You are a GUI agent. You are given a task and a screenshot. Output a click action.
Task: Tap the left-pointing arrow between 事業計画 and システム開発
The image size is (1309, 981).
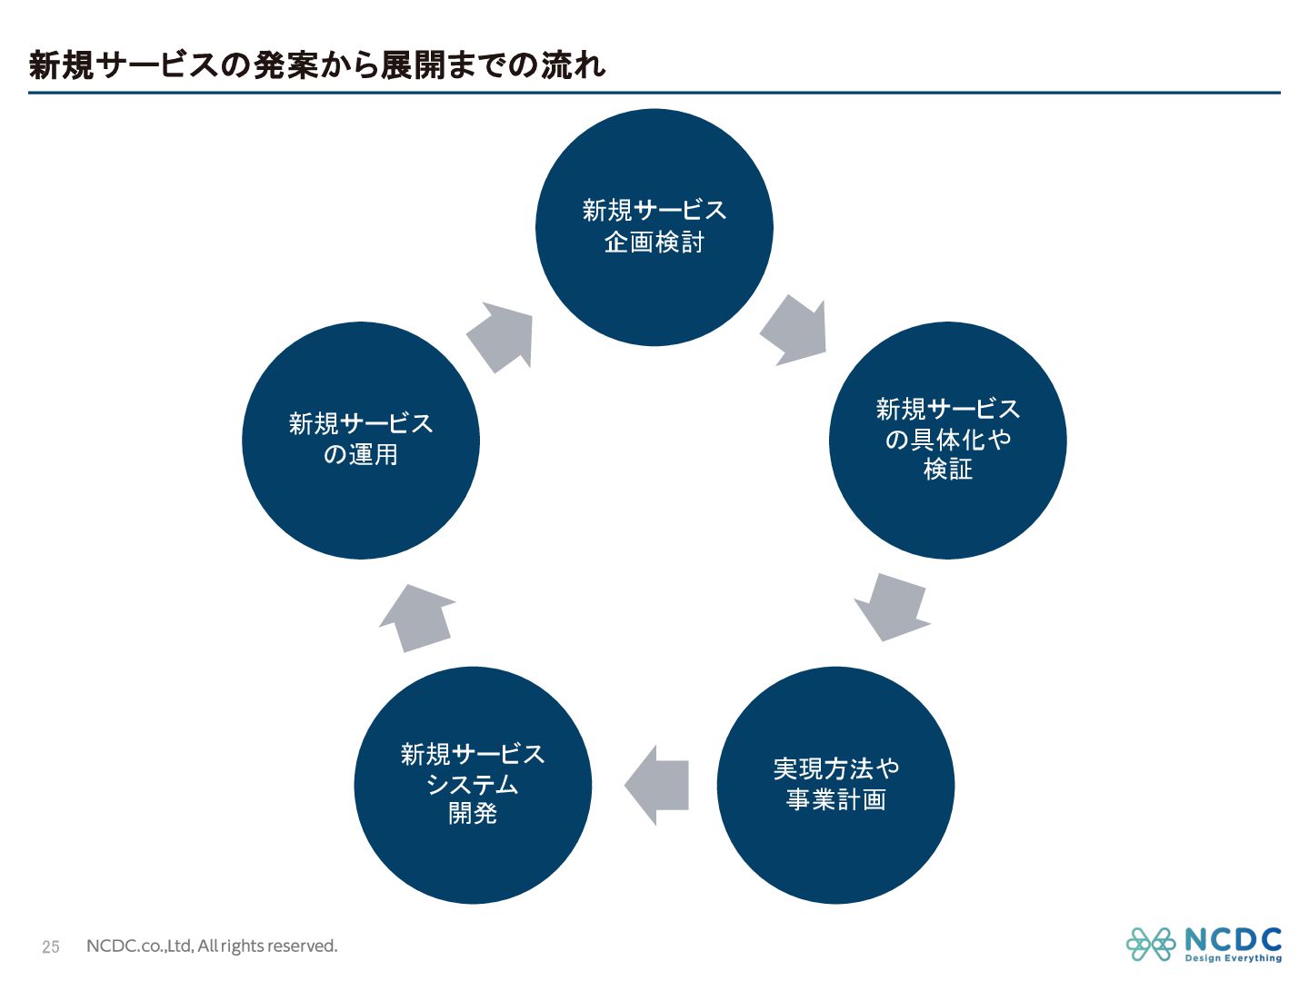(658, 785)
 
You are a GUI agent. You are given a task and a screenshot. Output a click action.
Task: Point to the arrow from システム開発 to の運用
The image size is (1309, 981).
(419, 618)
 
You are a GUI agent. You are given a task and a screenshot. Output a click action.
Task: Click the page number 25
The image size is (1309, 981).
(51, 946)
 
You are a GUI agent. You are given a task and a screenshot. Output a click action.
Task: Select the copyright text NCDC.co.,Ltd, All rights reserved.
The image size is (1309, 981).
(212, 946)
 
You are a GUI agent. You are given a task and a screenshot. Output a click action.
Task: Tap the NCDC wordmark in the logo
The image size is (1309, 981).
(1234, 939)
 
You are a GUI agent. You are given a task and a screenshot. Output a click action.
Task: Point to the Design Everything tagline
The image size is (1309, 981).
(1234, 958)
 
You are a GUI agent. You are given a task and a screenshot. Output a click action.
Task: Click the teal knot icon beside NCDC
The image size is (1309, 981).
(1151, 945)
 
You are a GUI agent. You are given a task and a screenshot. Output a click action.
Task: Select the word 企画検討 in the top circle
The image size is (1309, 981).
(654, 243)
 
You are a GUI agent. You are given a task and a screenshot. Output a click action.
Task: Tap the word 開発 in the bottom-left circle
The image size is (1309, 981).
(473, 814)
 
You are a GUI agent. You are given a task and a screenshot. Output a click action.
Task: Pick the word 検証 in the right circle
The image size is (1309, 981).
(948, 470)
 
